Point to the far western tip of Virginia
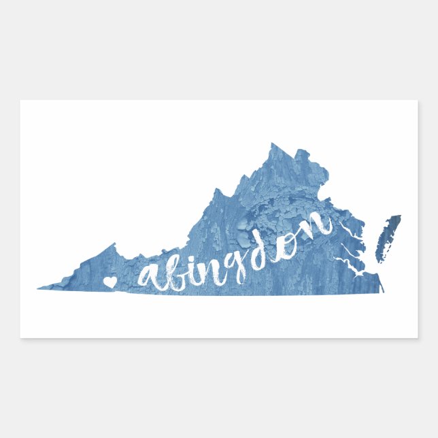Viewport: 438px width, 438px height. click(x=39, y=287)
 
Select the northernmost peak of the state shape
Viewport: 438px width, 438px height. click(x=272, y=144)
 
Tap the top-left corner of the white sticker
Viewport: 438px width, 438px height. click(x=20, y=101)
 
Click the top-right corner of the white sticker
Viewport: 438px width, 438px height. click(x=417, y=101)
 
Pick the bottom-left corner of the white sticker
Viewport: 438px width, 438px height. click(x=20, y=337)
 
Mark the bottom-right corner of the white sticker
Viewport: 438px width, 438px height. click(x=417, y=337)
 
